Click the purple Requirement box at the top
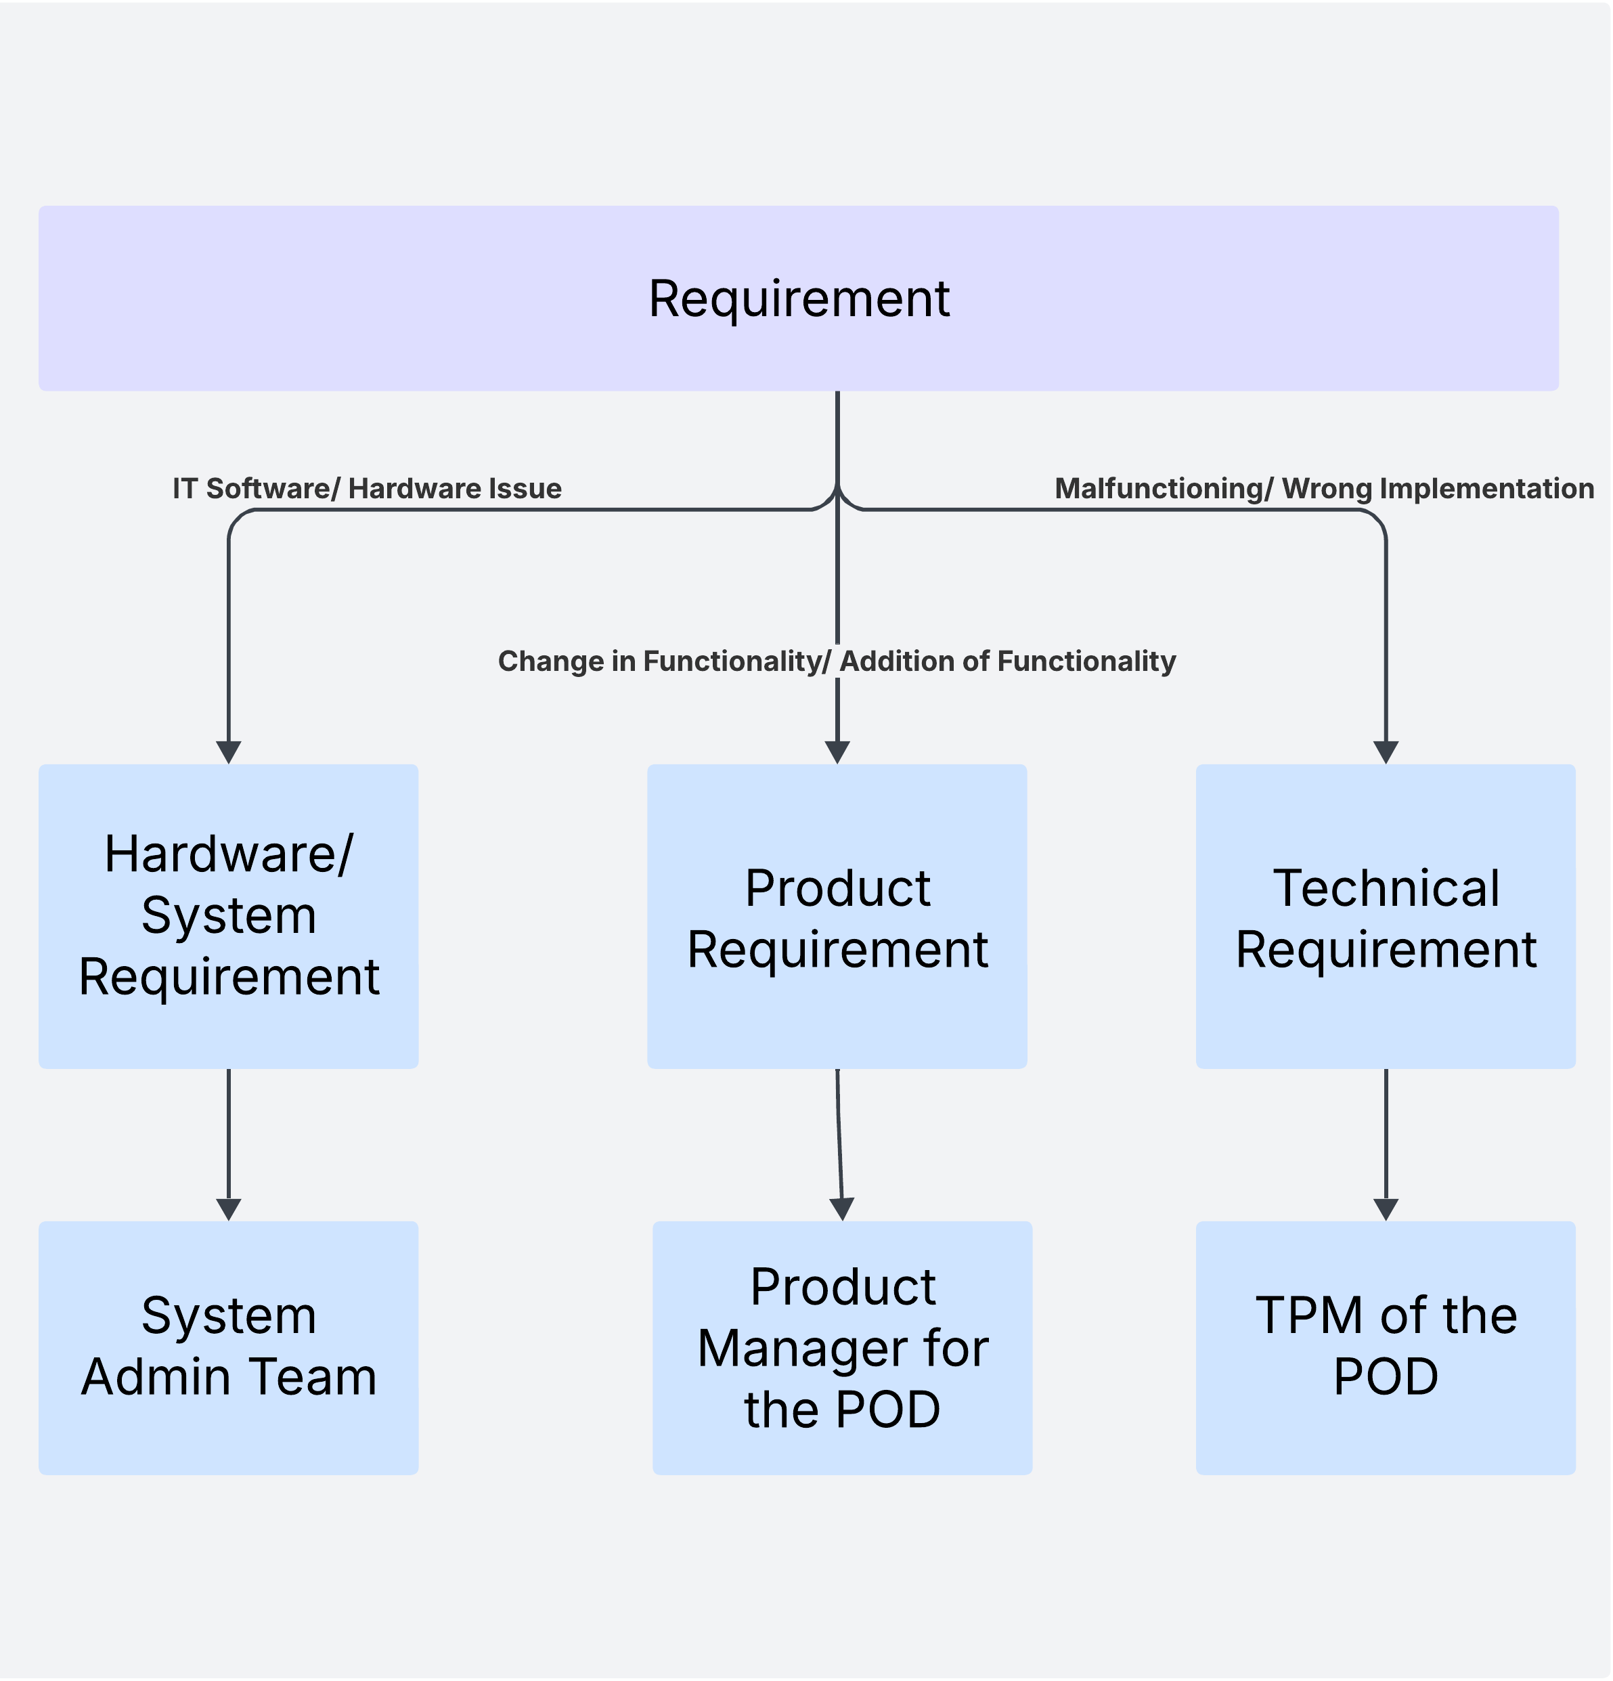(797, 299)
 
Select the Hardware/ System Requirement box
(228, 915)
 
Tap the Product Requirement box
(837, 917)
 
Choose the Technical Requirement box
(1385, 917)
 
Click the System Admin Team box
(228, 1347)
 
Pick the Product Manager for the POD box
(842, 1347)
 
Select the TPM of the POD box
(1385, 1347)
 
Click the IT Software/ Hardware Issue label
(367, 489)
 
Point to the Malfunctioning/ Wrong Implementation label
(1323, 489)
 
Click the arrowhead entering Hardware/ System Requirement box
(228, 752)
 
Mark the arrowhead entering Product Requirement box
(837, 752)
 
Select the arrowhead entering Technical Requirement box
(1386, 752)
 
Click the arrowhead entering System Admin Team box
(228, 1209)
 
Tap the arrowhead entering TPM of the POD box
(1386, 1209)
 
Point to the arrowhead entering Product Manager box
(842, 1209)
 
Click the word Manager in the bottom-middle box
(803, 1348)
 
